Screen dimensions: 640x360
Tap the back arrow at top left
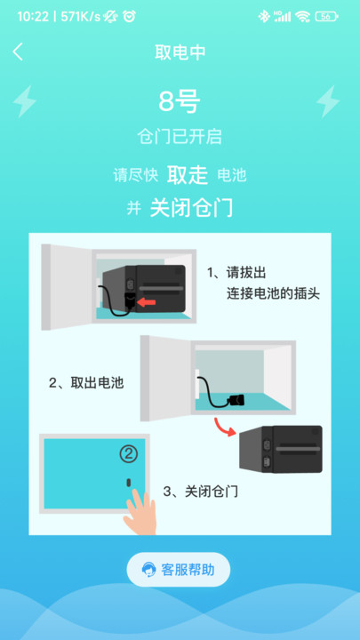point(18,52)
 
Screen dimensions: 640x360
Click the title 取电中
point(180,52)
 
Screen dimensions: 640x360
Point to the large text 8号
point(180,102)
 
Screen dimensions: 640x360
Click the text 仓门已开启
point(180,137)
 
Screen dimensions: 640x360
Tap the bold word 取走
point(188,173)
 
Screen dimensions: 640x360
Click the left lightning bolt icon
point(25,101)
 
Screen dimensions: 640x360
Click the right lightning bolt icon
point(328,101)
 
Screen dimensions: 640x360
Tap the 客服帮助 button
point(179,570)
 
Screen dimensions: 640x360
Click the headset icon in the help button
point(147,570)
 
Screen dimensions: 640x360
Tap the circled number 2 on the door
point(130,455)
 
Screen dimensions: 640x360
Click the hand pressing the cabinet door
point(140,511)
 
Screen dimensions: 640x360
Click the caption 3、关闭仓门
point(200,491)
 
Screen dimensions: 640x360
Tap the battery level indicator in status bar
point(328,16)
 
